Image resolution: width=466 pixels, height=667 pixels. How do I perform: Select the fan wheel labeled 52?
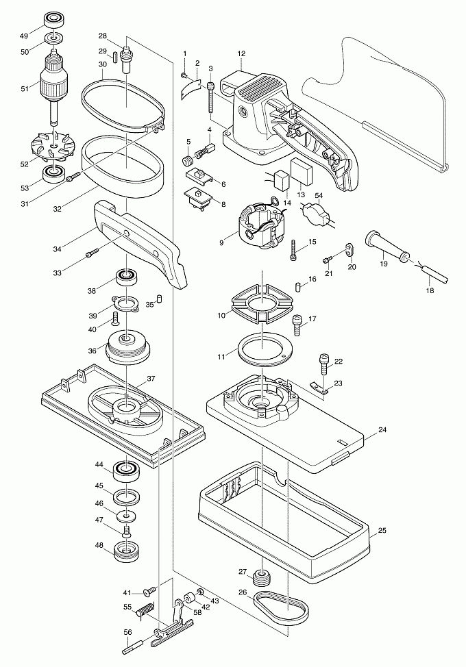tap(53, 147)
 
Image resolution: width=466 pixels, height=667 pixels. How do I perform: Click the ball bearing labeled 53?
tap(53, 172)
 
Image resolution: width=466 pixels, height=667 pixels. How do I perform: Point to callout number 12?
tap(241, 53)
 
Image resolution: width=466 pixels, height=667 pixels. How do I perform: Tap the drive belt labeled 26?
tap(280, 607)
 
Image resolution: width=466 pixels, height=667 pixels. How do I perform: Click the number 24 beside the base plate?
tap(382, 431)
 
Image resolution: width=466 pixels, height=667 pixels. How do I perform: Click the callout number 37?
tap(151, 379)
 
